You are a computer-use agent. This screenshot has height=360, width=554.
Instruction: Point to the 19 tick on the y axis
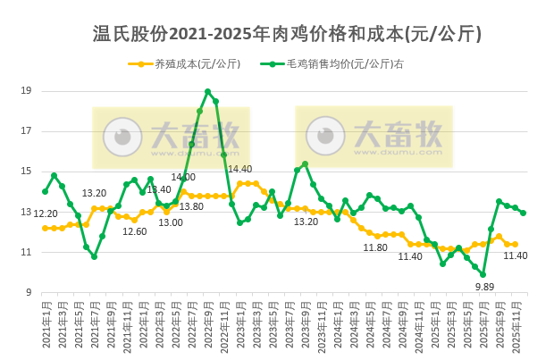click(x=26, y=91)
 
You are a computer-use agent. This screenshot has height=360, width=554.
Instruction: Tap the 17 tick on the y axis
click(x=26, y=131)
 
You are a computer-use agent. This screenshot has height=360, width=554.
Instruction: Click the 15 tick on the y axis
click(x=26, y=172)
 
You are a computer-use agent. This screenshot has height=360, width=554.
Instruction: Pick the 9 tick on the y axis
click(x=29, y=293)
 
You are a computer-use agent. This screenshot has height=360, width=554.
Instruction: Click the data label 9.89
click(x=484, y=287)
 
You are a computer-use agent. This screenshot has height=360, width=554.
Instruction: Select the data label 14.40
click(x=239, y=169)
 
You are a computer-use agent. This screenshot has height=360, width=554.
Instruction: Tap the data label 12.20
click(x=46, y=213)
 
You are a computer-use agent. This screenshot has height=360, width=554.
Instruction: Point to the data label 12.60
click(x=134, y=231)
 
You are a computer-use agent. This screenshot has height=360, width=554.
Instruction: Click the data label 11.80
click(x=375, y=247)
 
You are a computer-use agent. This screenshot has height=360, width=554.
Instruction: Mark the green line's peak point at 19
click(x=207, y=91)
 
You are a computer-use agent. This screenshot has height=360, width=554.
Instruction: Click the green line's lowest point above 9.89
click(x=483, y=274)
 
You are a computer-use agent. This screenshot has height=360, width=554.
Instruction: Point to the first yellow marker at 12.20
click(x=46, y=228)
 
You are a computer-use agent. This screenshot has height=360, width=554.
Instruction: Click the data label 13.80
click(x=191, y=206)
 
